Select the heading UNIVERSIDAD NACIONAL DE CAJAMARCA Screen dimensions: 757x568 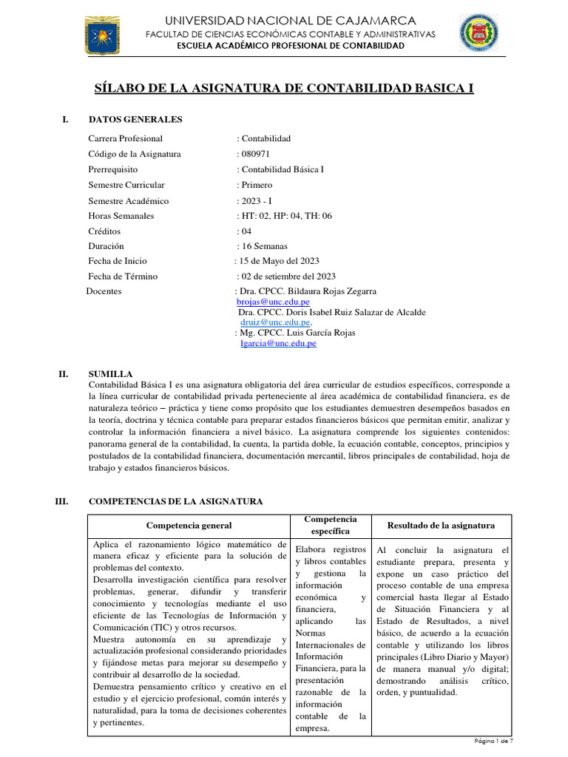(290, 20)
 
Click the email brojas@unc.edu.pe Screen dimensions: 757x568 (273, 302)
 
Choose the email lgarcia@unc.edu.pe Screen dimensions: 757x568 (278, 343)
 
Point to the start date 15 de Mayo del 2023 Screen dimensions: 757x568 (279, 261)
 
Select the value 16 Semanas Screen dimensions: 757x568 (265, 246)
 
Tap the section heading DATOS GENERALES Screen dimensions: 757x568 (135, 119)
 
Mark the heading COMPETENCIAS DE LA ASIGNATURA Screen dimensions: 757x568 (175, 501)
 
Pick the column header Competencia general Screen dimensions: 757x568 (189, 526)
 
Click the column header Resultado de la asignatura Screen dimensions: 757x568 (441, 526)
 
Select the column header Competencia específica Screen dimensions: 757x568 (330, 525)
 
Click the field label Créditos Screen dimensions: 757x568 (106, 231)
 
